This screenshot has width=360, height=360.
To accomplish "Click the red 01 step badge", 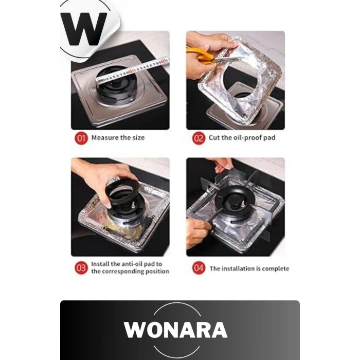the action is (x=81, y=138).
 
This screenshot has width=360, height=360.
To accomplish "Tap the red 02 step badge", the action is (x=199, y=138).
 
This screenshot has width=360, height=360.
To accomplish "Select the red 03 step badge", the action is (x=81, y=268).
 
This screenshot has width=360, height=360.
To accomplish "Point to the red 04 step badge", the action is (x=199, y=268).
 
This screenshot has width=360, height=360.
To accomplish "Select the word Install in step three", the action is (x=100, y=264).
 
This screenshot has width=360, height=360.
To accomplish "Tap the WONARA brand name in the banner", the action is (x=176, y=330).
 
